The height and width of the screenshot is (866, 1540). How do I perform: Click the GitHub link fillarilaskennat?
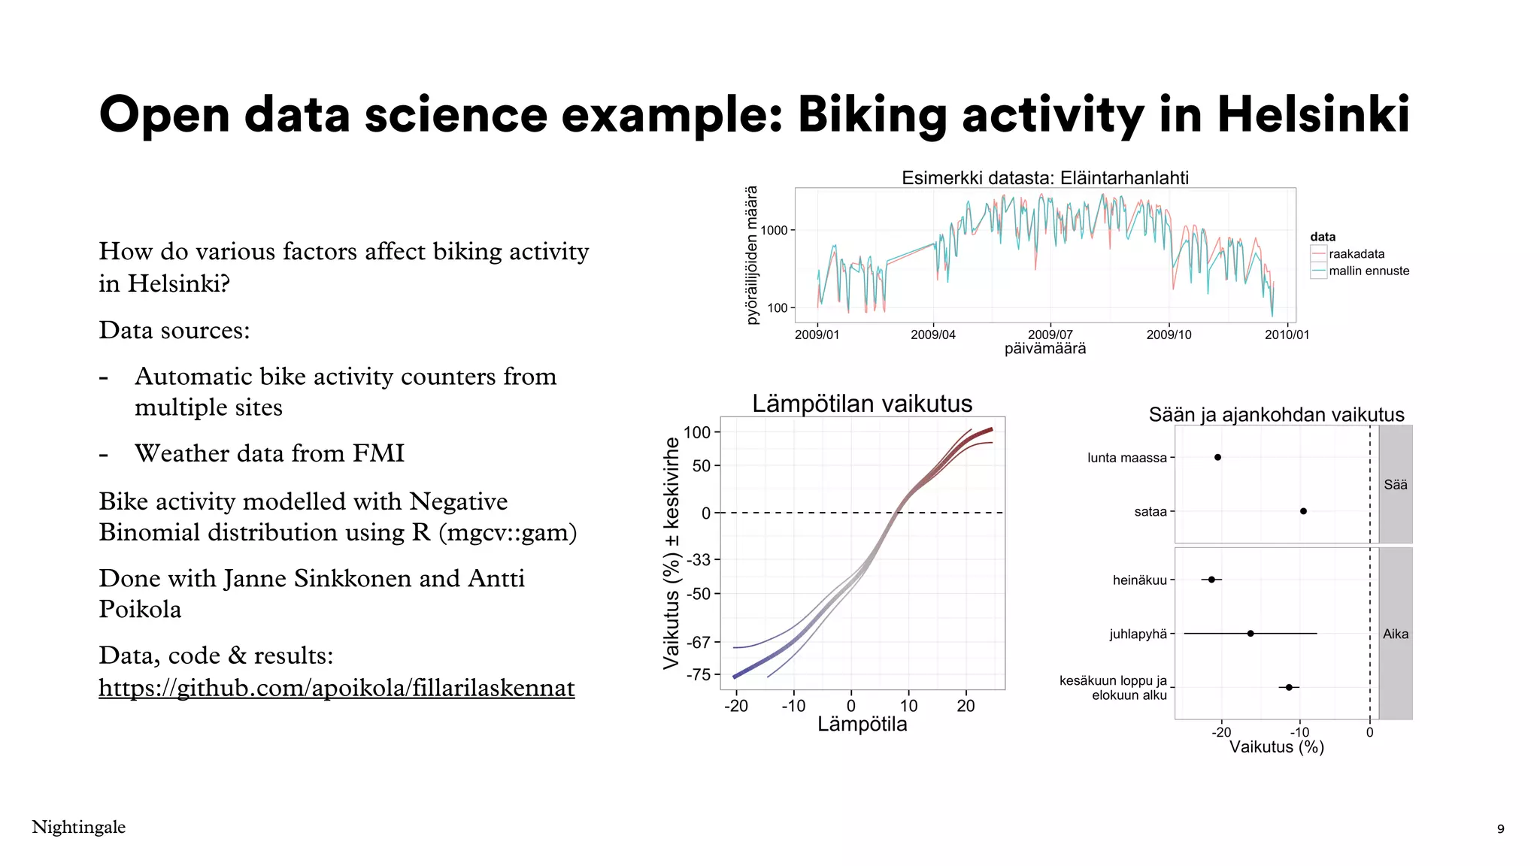336,687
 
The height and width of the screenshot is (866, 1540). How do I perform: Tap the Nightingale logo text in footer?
79,827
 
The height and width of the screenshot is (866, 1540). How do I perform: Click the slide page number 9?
1500,829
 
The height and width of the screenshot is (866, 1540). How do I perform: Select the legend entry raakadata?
1356,254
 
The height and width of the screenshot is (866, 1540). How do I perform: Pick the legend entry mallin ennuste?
1369,271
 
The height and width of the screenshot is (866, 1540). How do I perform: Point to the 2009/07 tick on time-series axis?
1050,334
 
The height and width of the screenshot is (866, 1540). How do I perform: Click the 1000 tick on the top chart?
774,230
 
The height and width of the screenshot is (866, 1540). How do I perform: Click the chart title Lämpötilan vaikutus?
862,404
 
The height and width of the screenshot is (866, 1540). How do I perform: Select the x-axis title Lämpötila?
862,724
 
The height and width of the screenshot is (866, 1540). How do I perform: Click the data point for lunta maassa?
1217,457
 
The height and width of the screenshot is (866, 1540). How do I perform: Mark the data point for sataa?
1303,511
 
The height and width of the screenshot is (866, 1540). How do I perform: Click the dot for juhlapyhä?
1250,634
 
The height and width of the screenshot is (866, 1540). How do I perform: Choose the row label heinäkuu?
1139,580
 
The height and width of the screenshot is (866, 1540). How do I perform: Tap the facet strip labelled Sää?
1395,485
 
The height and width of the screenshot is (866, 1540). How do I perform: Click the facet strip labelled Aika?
1395,634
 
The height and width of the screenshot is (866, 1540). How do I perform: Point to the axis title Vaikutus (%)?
1276,746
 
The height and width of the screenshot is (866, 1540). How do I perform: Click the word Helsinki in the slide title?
1313,115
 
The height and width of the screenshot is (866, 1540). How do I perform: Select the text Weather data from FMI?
269,453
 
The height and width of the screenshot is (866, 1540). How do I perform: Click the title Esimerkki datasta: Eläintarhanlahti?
1044,178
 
